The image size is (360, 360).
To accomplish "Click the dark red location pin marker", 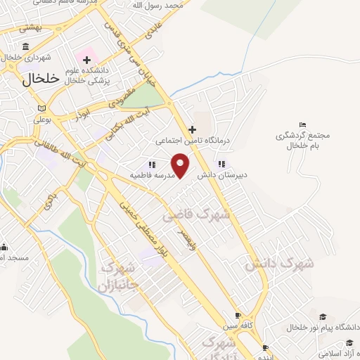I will click(x=181, y=165).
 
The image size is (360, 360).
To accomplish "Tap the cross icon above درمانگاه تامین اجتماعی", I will click(x=192, y=129).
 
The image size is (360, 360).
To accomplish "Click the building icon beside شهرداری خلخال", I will click(x=26, y=46).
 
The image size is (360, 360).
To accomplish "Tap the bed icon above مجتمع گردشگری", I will click(x=303, y=124).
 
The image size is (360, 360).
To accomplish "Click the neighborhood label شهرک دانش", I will click(x=279, y=264).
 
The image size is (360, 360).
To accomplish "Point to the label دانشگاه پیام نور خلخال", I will click(x=323, y=328).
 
